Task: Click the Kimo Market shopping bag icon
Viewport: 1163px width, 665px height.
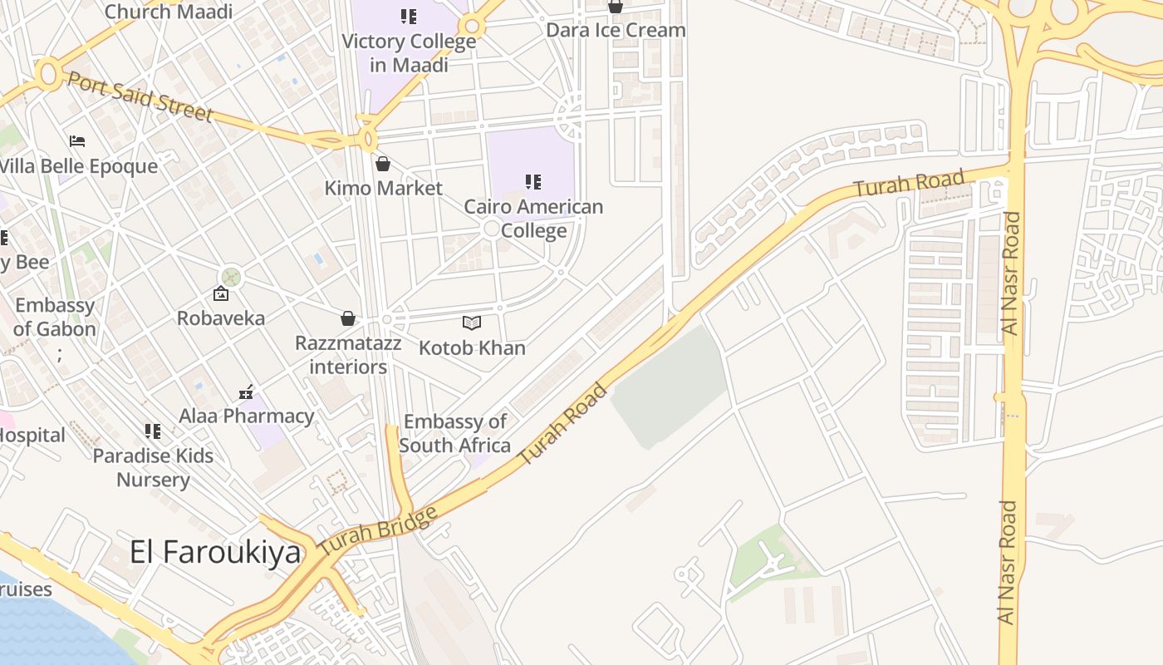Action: coord(383,164)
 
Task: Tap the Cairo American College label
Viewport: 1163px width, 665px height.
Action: coord(533,218)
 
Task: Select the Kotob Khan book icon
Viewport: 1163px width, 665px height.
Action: coord(472,323)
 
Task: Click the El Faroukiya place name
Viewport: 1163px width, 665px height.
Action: coord(215,552)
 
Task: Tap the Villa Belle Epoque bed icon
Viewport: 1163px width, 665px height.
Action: coord(77,141)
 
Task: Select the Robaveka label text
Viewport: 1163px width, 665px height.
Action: coord(221,318)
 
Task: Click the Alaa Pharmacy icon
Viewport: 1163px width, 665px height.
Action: coord(246,392)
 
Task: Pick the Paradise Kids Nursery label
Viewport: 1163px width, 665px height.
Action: coord(153,467)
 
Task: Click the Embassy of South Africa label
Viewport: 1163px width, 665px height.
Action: coord(454,433)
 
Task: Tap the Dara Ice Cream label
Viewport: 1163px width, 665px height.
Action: coord(616,30)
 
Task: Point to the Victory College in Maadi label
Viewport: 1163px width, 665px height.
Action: coord(409,52)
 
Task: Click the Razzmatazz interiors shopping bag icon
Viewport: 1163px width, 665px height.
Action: coord(348,318)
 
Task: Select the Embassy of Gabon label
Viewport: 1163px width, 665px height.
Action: coord(55,317)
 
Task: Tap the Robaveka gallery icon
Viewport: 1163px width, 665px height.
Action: coord(221,293)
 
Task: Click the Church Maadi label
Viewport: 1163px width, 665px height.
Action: coord(169,11)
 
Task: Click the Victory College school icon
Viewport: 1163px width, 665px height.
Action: coord(408,16)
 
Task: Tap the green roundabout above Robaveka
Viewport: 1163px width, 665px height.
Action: coord(231,276)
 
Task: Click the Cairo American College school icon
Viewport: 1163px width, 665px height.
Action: coord(533,181)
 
